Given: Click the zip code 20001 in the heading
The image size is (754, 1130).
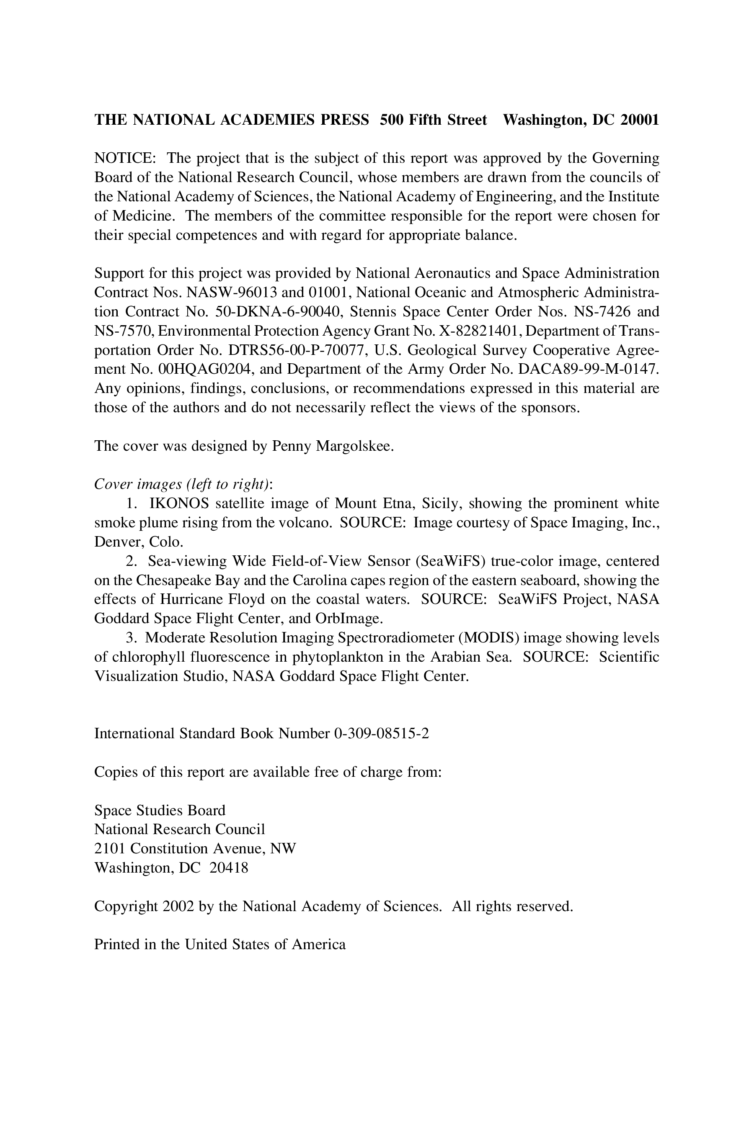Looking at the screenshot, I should [639, 120].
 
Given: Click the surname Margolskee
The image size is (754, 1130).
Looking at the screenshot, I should [354, 446].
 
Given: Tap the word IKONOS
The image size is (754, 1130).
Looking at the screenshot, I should [179, 503].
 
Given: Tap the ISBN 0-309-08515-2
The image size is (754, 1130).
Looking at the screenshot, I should [381, 734].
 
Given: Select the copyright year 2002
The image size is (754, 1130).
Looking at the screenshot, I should [178, 906].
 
